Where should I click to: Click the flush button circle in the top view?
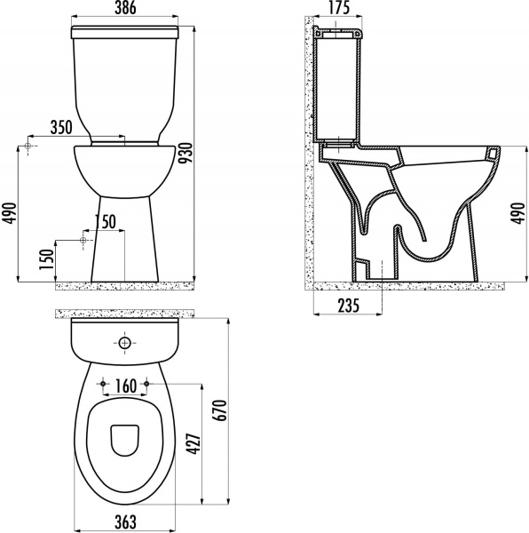(125, 342)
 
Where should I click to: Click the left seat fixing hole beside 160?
(105, 383)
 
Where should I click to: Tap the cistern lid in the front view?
(125, 32)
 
